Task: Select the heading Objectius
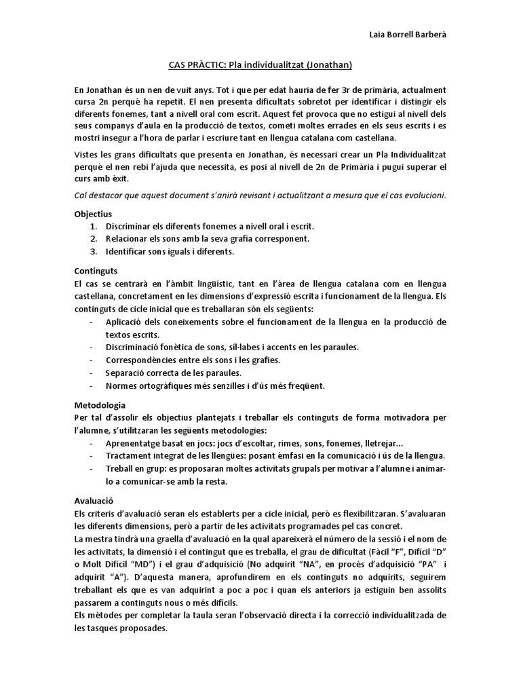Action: point(93,213)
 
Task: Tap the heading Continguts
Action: point(96,269)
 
